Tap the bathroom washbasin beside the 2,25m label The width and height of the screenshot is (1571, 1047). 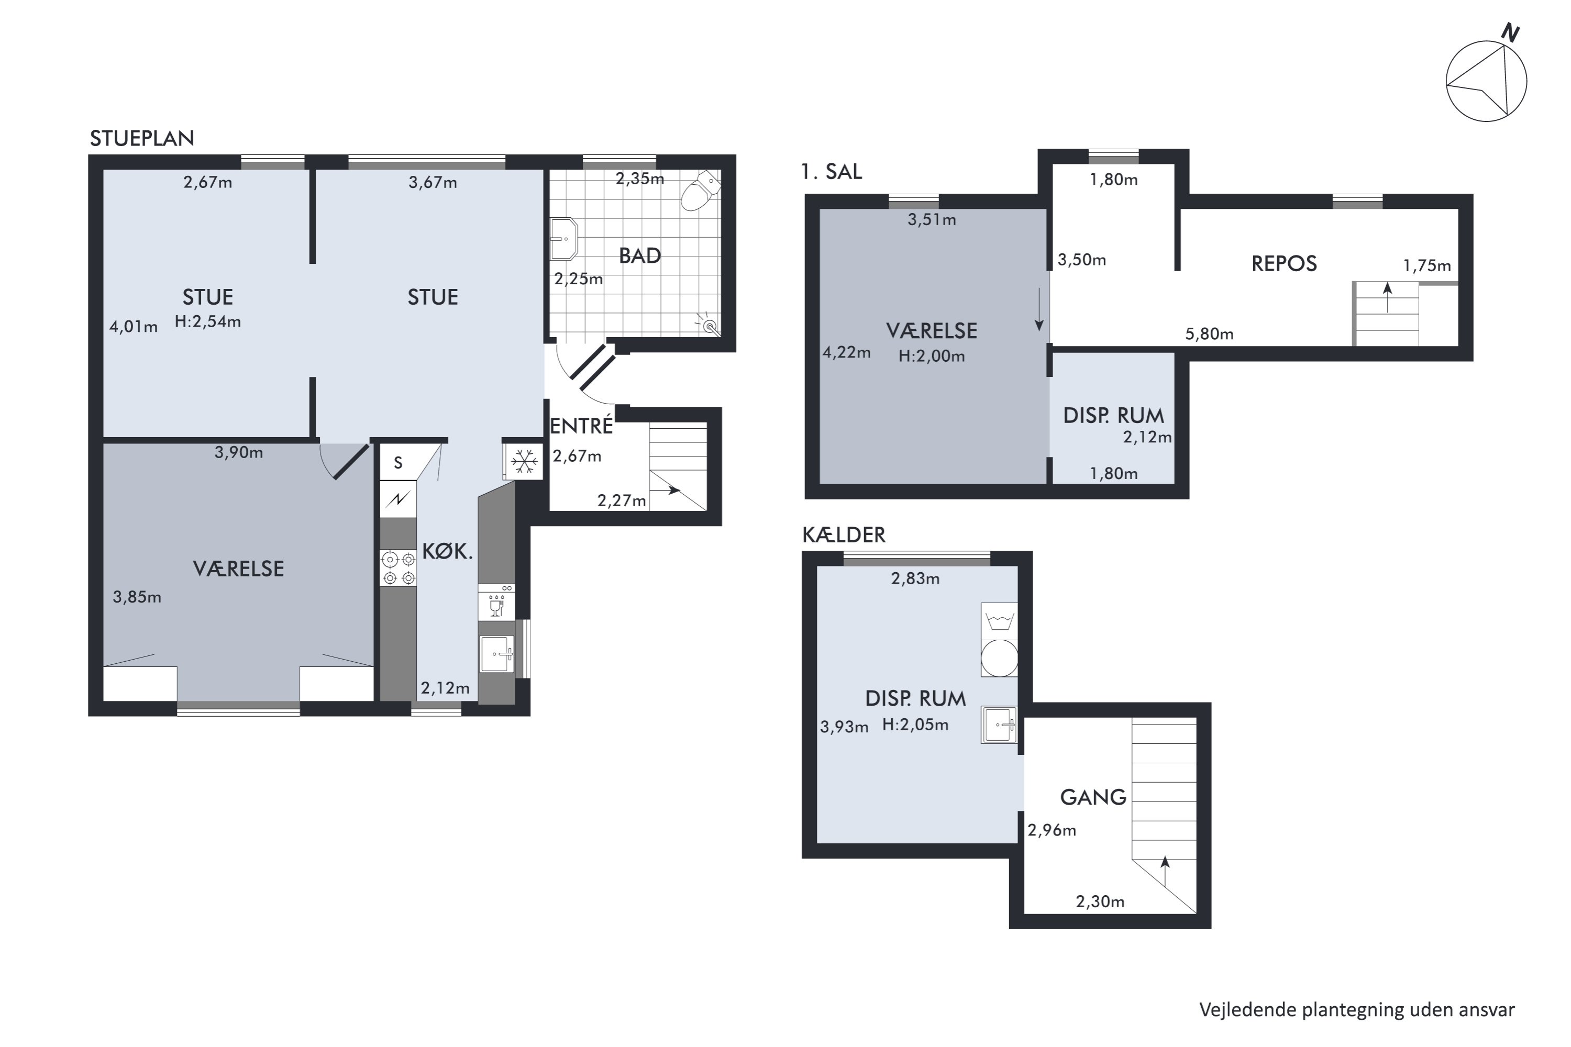click(x=563, y=238)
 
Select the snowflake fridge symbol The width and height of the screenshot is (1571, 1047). click(x=524, y=461)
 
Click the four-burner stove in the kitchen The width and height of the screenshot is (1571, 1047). click(x=398, y=568)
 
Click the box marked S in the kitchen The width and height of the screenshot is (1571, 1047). click(x=398, y=462)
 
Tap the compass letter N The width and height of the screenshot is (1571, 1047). click(x=1511, y=32)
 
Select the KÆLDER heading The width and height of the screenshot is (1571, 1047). click(x=844, y=535)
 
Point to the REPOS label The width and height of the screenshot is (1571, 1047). click(x=1284, y=264)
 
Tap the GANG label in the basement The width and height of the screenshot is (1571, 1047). click(x=1093, y=797)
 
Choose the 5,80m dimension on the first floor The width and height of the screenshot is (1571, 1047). click(x=1210, y=334)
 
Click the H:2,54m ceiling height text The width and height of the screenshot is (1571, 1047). click(x=208, y=322)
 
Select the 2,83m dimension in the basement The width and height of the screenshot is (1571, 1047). click(x=915, y=578)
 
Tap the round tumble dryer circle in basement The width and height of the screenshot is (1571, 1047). click(x=999, y=659)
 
